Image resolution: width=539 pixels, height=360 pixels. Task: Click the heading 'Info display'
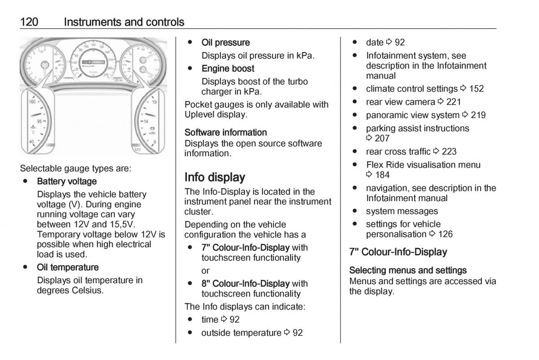[x=215, y=177]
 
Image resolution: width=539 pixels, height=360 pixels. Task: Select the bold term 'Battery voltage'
[x=67, y=181]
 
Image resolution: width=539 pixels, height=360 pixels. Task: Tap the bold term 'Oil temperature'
[x=68, y=268]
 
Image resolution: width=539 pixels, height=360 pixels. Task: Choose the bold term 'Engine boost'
[x=228, y=69]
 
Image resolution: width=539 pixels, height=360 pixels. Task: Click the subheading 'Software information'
[x=225, y=132]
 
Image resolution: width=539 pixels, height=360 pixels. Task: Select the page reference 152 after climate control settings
[x=476, y=89]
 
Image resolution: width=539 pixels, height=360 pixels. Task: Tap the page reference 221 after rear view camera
[x=453, y=102]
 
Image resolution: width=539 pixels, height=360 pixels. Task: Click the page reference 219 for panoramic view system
[x=478, y=115]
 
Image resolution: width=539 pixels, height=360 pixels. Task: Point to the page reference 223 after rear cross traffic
[x=449, y=152]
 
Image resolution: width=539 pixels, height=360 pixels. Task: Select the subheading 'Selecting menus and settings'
[x=408, y=270]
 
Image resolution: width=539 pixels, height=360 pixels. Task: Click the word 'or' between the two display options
[x=206, y=271]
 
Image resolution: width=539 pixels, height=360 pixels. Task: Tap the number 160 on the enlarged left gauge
[x=32, y=102]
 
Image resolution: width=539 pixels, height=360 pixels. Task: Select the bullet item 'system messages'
[x=402, y=211]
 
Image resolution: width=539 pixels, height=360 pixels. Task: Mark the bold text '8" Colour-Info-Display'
[x=245, y=284]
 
